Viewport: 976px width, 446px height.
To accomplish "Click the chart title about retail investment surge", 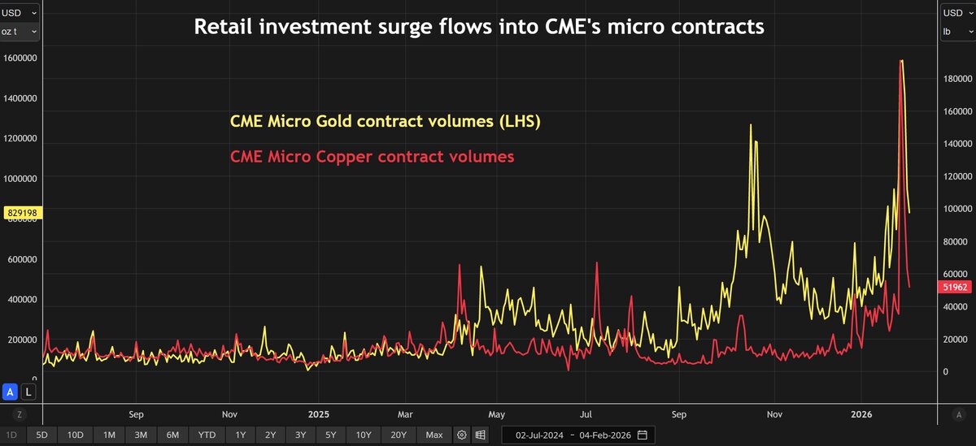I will pyautogui.click(x=478, y=27).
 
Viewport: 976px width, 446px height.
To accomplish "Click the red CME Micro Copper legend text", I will pyautogui.click(x=373, y=157).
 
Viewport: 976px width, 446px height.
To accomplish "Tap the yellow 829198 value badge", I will pyautogui.click(x=21, y=213).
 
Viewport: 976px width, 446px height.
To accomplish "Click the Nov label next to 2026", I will pyautogui.click(x=775, y=414).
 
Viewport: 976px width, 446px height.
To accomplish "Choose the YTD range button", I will pyautogui.click(x=207, y=435).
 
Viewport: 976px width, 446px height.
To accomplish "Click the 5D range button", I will pyautogui.click(x=41, y=435).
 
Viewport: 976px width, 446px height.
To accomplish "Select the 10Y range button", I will pyautogui.click(x=362, y=435).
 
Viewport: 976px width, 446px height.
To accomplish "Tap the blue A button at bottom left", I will pyautogui.click(x=11, y=392).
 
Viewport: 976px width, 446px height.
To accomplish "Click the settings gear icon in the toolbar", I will pyautogui.click(x=462, y=435).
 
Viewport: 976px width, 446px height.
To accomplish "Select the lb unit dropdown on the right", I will pyautogui.click(x=955, y=31).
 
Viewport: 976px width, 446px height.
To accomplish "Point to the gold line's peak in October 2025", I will pyautogui.click(x=750, y=125).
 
